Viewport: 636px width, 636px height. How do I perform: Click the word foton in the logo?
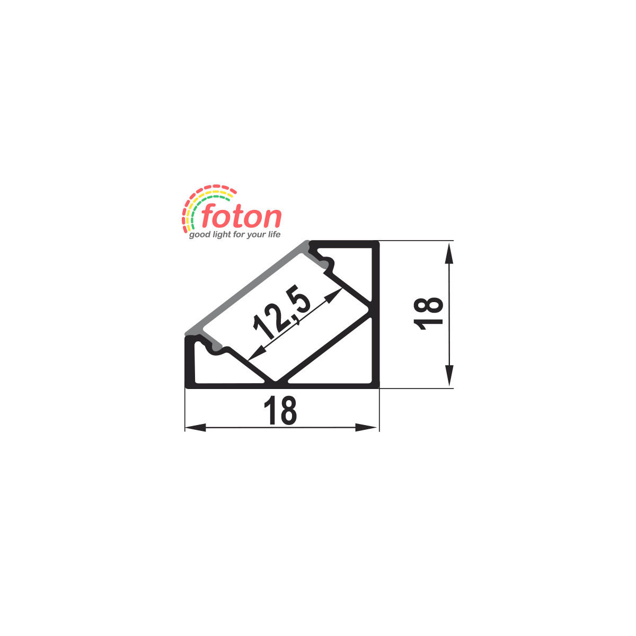click(x=241, y=216)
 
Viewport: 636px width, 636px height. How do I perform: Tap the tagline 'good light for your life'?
click(x=235, y=235)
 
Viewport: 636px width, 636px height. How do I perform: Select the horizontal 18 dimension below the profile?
click(x=280, y=411)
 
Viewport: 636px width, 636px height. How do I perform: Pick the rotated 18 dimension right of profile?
click(x=428, y=314)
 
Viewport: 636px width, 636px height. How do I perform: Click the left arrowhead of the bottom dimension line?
click(x=195, y=428)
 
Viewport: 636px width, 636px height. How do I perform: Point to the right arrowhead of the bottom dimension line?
click(x=366, y=428)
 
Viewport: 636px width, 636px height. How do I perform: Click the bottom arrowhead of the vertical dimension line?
click(x=448, y=375)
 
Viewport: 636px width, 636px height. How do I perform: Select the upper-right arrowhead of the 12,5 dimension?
click(x=334, y=295)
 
